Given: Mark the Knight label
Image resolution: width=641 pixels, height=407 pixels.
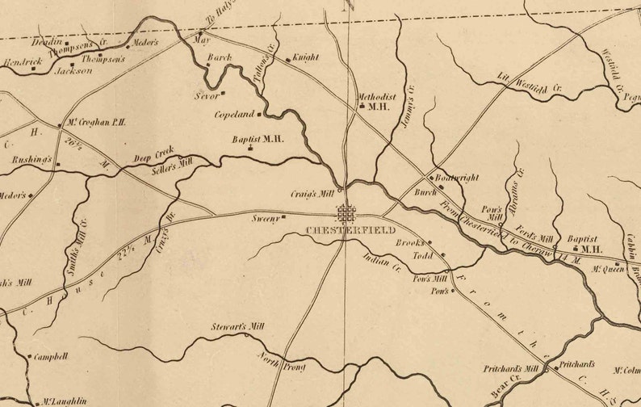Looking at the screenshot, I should tap(306, 57).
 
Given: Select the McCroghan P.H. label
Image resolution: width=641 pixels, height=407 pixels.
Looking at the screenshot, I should tap(95, 124).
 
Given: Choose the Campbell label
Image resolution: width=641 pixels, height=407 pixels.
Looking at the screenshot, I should tap(52, 356).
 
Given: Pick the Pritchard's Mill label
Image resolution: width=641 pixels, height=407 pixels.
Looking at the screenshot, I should tap(510, 368).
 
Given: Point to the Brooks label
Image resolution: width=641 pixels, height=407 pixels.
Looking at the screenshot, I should tap(409, 242).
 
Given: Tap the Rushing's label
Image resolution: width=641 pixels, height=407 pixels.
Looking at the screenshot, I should tap(31, 160).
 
